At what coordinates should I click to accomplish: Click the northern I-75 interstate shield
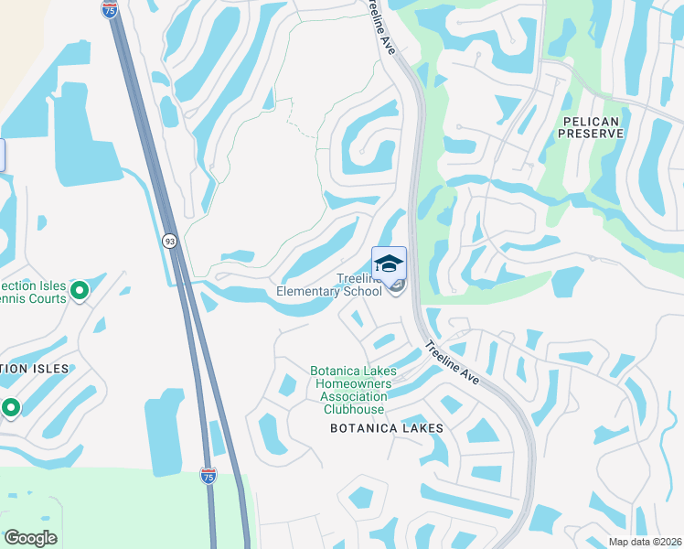click(110, 9)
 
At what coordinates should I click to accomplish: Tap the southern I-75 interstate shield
click(209, 476)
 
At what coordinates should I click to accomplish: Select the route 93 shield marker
click(170, 241)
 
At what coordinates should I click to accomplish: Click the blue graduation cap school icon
click(389, 263)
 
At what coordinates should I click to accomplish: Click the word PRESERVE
click(592, 134)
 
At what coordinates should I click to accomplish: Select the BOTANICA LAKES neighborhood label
click(387, 428)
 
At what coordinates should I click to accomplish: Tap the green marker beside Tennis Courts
click(80, 291)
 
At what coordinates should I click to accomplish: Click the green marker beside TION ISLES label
click(11, 407)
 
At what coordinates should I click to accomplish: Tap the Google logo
click(31, 538)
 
